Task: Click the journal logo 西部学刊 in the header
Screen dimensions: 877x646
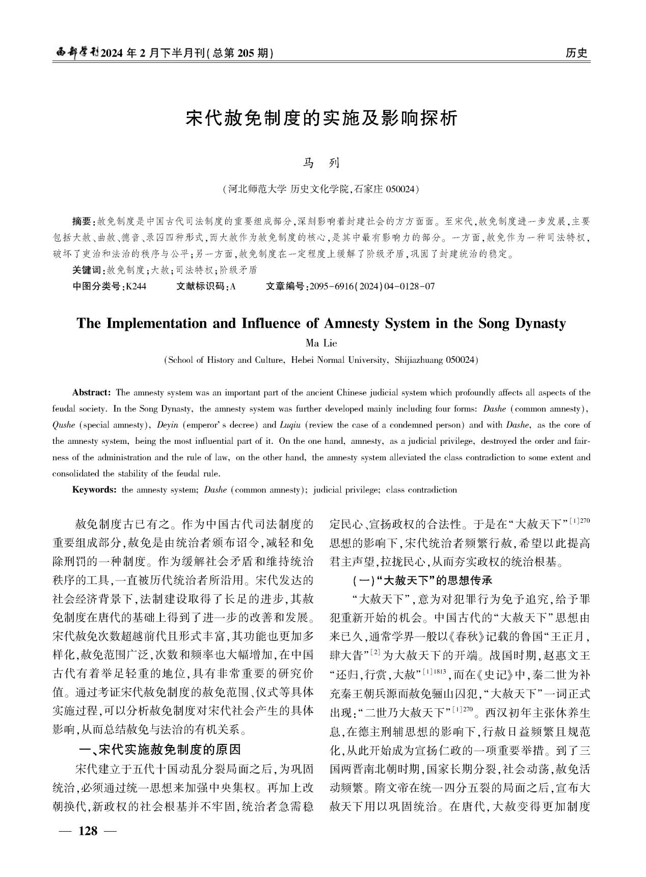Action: tap(77, 53)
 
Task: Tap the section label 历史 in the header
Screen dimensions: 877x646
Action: tap(576, 53)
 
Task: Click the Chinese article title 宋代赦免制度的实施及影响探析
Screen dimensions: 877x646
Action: tap(322, 118)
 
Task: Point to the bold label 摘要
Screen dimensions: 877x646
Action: tap(81, 222)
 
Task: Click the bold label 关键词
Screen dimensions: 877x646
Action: tap(87, 270)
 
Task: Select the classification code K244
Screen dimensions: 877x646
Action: tap(136, 286)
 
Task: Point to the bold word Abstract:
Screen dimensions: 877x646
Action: tap(92, 392)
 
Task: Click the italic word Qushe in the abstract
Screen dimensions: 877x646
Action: tap(64, 425)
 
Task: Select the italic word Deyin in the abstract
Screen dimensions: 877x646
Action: tap(168, 425)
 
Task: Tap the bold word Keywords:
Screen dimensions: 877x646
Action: tap(94, 490)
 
